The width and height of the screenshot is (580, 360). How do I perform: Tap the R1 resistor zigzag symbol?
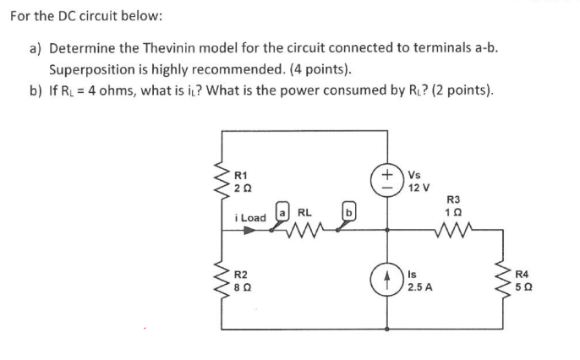[x=225, y=180]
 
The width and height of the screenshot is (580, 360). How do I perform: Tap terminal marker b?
[x=347, y=210]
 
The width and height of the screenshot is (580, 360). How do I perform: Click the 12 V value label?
[x=419, y=187]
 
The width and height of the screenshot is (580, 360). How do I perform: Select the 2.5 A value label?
[x=419, y=287]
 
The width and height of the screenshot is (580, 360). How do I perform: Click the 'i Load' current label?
[x=249, y=218]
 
